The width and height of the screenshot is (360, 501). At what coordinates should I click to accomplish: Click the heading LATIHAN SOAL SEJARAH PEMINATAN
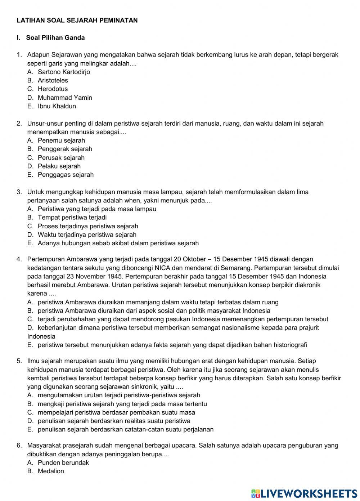pos(77,21)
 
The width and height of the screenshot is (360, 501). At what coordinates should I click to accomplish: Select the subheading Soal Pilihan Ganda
pos(55,38)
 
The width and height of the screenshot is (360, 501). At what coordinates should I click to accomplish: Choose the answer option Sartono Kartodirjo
pos(64,72)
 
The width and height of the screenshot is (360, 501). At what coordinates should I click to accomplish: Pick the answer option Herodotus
pos(53,89)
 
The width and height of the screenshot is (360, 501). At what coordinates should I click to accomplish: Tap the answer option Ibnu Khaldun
pos(57,106)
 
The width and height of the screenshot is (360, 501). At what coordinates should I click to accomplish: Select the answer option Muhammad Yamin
pos(65,98)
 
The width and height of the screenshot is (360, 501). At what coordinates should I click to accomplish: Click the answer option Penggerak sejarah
pos(65,149)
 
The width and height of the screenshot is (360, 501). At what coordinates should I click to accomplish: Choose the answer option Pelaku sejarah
pos(59,166)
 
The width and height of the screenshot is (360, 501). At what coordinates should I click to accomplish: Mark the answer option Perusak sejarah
pos(61,157)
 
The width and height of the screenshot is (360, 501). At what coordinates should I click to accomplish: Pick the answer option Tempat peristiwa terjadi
pos(72,217)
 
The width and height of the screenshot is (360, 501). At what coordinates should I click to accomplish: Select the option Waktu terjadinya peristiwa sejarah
pos(87,234)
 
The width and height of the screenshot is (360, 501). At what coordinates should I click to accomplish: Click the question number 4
pos(19,259)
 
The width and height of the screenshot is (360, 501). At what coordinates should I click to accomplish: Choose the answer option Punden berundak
pos(63,462)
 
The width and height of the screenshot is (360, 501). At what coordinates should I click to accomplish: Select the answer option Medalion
pos(51,471)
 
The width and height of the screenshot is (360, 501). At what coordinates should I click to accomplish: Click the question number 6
pos(19,446)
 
